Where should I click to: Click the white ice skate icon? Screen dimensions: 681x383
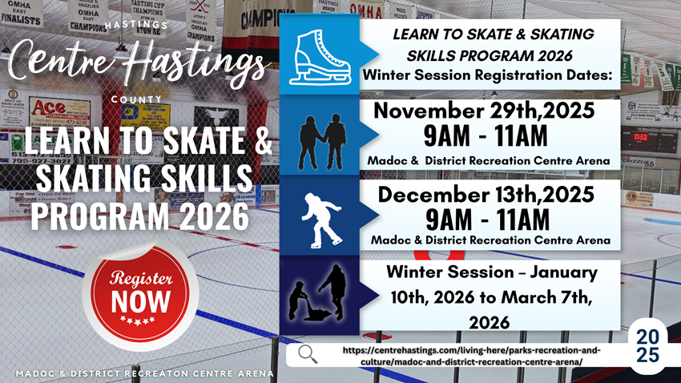click(x=320, y=57)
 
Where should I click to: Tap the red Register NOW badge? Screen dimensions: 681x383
click(x=140, y=294)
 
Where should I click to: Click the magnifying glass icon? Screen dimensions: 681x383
click(x=308, y=354)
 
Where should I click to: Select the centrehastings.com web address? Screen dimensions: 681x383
click(x=472, y=356)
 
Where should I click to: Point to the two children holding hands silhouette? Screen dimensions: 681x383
click(x=322, y=142)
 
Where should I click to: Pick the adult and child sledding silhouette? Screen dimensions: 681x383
click(x=317, y=292)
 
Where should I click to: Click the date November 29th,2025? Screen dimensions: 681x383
click(x=484, y=111)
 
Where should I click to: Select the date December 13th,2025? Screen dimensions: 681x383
click(x=486, y=194)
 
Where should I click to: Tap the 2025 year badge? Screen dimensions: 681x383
click(x=647, y=345)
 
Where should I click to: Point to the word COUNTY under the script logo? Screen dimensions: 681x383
click(x=136, y=99)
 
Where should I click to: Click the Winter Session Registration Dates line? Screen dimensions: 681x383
click(x=487, y=75)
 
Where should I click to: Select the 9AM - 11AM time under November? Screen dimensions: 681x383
click(x=486, y=136)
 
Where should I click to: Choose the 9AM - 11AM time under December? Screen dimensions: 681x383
click(x=487, y=220)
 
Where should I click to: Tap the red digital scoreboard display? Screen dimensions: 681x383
click(x=641, y=137)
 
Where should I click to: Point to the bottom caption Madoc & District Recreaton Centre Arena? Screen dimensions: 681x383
click(x=145, y=373)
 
